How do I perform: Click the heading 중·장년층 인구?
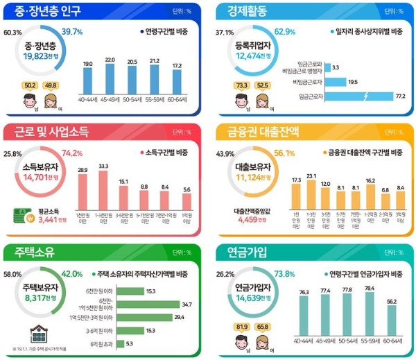pos(45,12)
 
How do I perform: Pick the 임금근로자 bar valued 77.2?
pos(359,96)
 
